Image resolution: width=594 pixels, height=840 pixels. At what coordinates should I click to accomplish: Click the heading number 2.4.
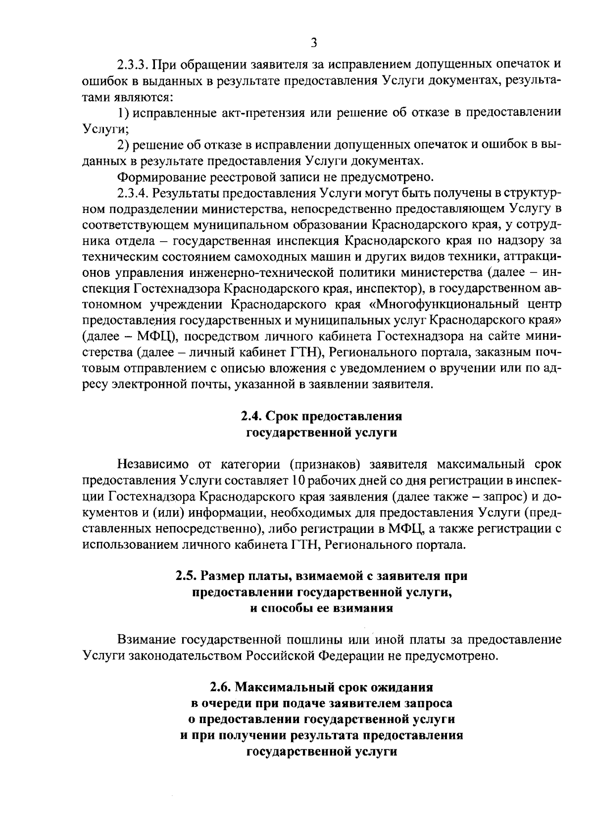[250, 416]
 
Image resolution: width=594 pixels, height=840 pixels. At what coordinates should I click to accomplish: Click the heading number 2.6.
[219, 687]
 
